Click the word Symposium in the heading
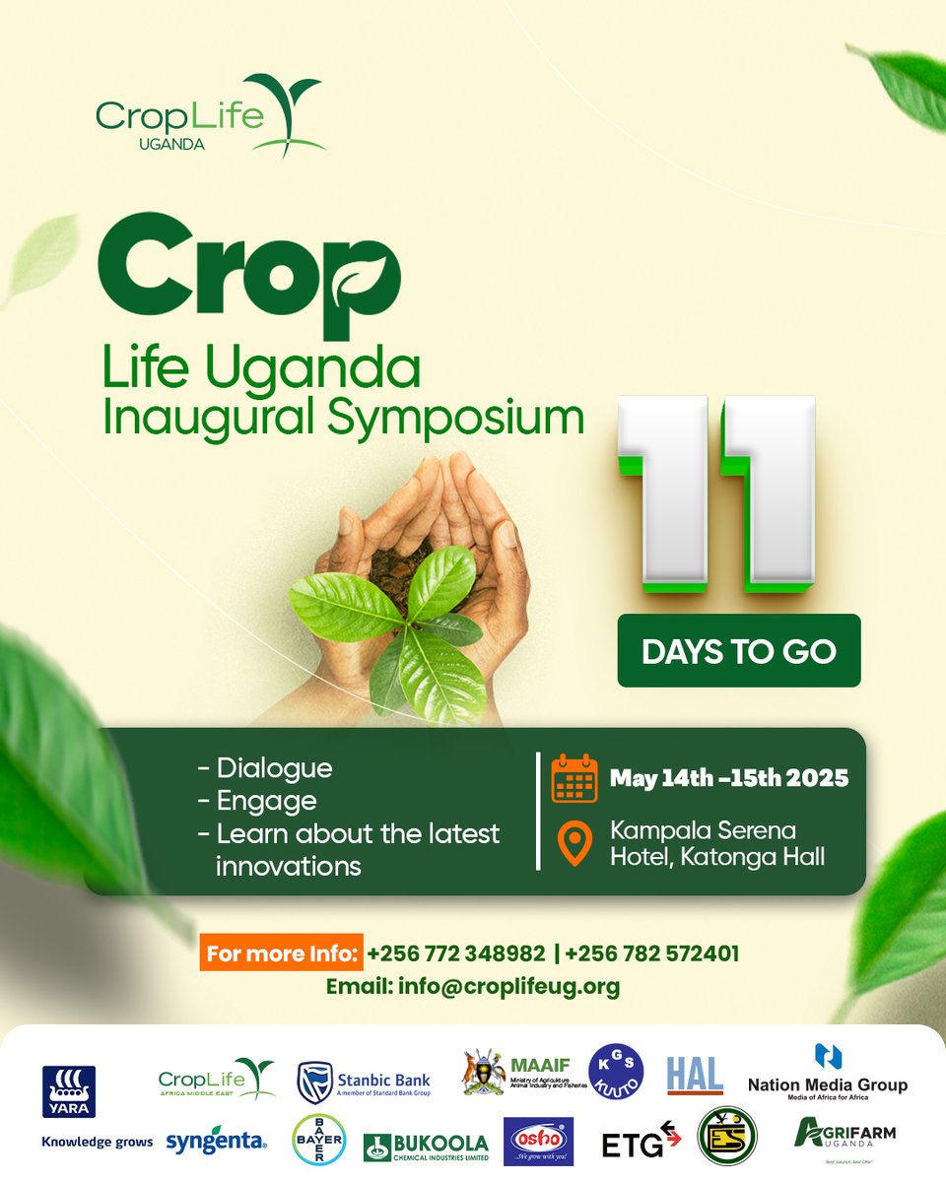pos(456,418)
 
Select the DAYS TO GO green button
pos(739,651)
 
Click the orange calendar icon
pos(574,778)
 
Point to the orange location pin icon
pos(573,844)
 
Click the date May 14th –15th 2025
pos(729,778)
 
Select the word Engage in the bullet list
pos(266,801)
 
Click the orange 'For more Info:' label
pos(281,953)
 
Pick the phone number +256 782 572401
pos(652,953)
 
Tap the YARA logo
pos(69,1091)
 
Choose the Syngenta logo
pos(217,1142)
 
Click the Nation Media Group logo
pos(828,1072)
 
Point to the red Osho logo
pos(538,1142)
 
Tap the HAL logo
pos(695,1075)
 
